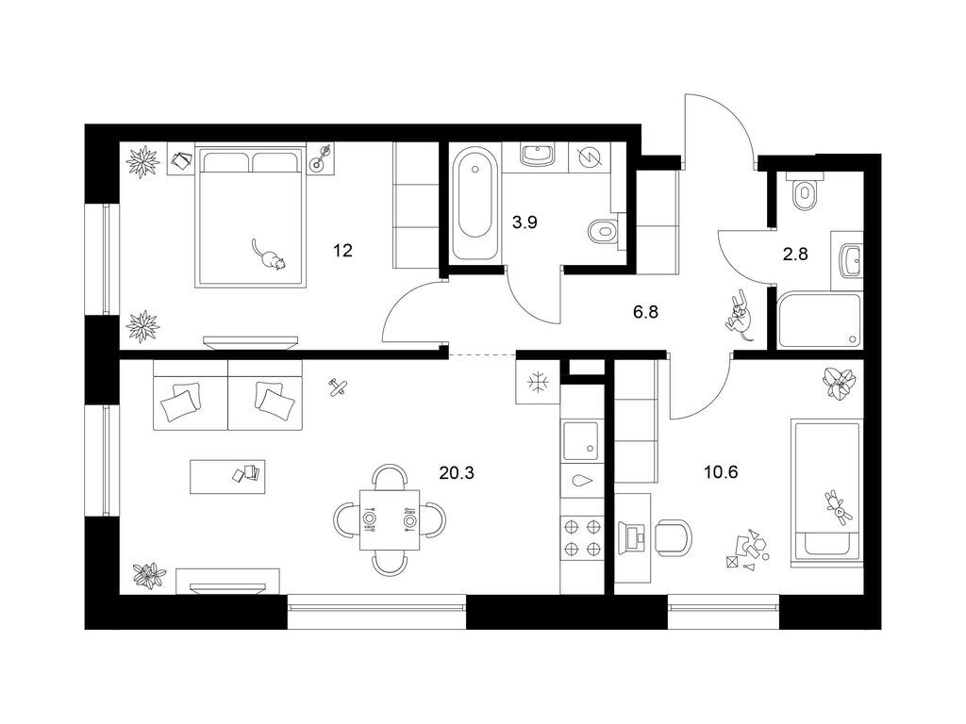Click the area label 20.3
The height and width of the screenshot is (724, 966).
(x=457, y=473)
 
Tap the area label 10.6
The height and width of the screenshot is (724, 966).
(x=721, y=472)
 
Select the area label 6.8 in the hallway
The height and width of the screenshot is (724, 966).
(x=645, y=312)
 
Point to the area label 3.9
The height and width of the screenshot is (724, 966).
(x=525, y=222)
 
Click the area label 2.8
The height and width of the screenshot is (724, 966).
(x=794, y=254)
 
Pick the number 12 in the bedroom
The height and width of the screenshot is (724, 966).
(x=342, y=251)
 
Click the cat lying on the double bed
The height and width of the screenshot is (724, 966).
(x=269, y=255)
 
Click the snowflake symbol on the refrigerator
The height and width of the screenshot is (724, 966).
(x=538, y=383)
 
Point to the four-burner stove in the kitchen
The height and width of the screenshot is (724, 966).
(x=581, y=536)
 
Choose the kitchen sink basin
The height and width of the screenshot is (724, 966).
(x=580, y=441)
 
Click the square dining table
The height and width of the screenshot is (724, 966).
(x=390, y=520)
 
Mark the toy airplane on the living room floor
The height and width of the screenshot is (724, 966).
(x=338, y=387)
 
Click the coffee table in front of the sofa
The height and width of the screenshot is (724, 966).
(x=227, y=476)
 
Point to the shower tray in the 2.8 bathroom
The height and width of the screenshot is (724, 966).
(x=819, y=321)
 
